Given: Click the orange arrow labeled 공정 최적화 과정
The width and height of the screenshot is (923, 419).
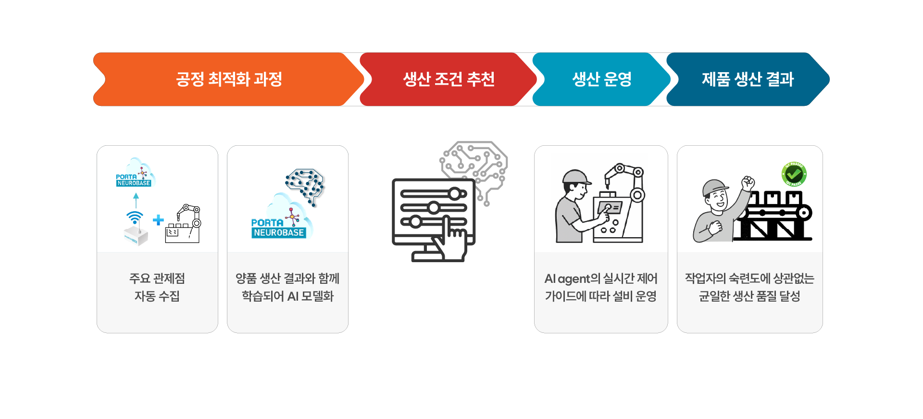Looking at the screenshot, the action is coord(228,79).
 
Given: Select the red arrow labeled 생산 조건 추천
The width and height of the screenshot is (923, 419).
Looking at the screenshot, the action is coord(448,79).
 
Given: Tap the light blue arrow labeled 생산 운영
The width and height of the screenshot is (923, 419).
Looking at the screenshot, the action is coord(601,79).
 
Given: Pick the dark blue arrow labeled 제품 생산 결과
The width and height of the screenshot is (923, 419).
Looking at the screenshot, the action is coord(747,79).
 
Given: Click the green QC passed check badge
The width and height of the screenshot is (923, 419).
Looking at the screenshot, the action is coord(794,174).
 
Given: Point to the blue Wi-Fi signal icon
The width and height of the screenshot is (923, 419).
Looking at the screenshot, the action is coord(135,217).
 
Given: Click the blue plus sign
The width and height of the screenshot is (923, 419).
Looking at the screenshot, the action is coord(158,220).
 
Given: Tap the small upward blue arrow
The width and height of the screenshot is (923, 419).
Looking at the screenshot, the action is coord(136,200).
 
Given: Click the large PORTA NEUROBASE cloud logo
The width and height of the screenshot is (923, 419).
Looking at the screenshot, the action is coord(281,224).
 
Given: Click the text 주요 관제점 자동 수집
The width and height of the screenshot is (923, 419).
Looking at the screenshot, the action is coord(157,287).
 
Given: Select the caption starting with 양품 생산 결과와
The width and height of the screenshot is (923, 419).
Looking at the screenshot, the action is coord(287,287).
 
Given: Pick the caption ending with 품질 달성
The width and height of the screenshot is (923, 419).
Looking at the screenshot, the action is coord(749,287).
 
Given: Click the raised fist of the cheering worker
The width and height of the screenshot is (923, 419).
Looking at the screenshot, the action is coord(748,183).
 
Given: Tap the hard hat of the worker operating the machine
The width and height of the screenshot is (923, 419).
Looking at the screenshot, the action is coord(575,177).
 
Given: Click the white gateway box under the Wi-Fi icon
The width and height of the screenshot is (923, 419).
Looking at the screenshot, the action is coord(136,236).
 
